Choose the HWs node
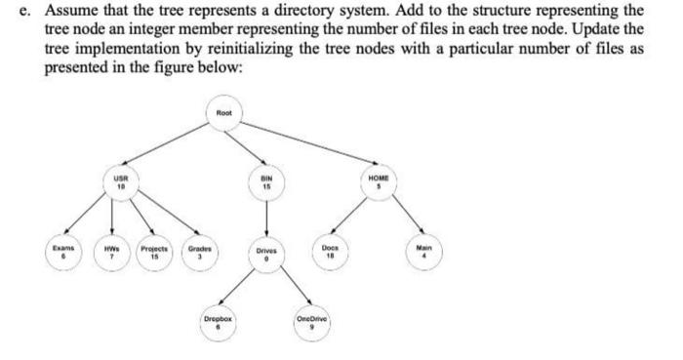pyautogui.click(x=112, y=254)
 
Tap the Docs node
pyautogui.click(x=331, y=252)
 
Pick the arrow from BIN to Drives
pyautogui.click(x=263, y=217)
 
